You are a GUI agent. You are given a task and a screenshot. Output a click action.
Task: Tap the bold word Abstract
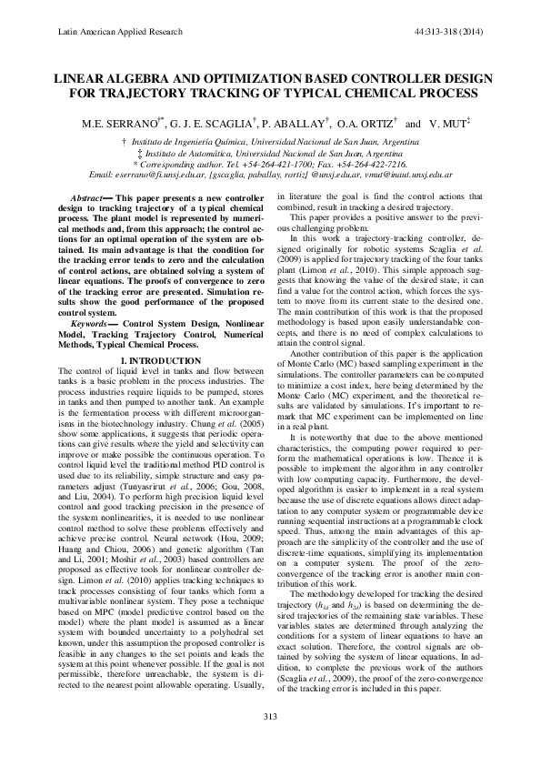(89, 197)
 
